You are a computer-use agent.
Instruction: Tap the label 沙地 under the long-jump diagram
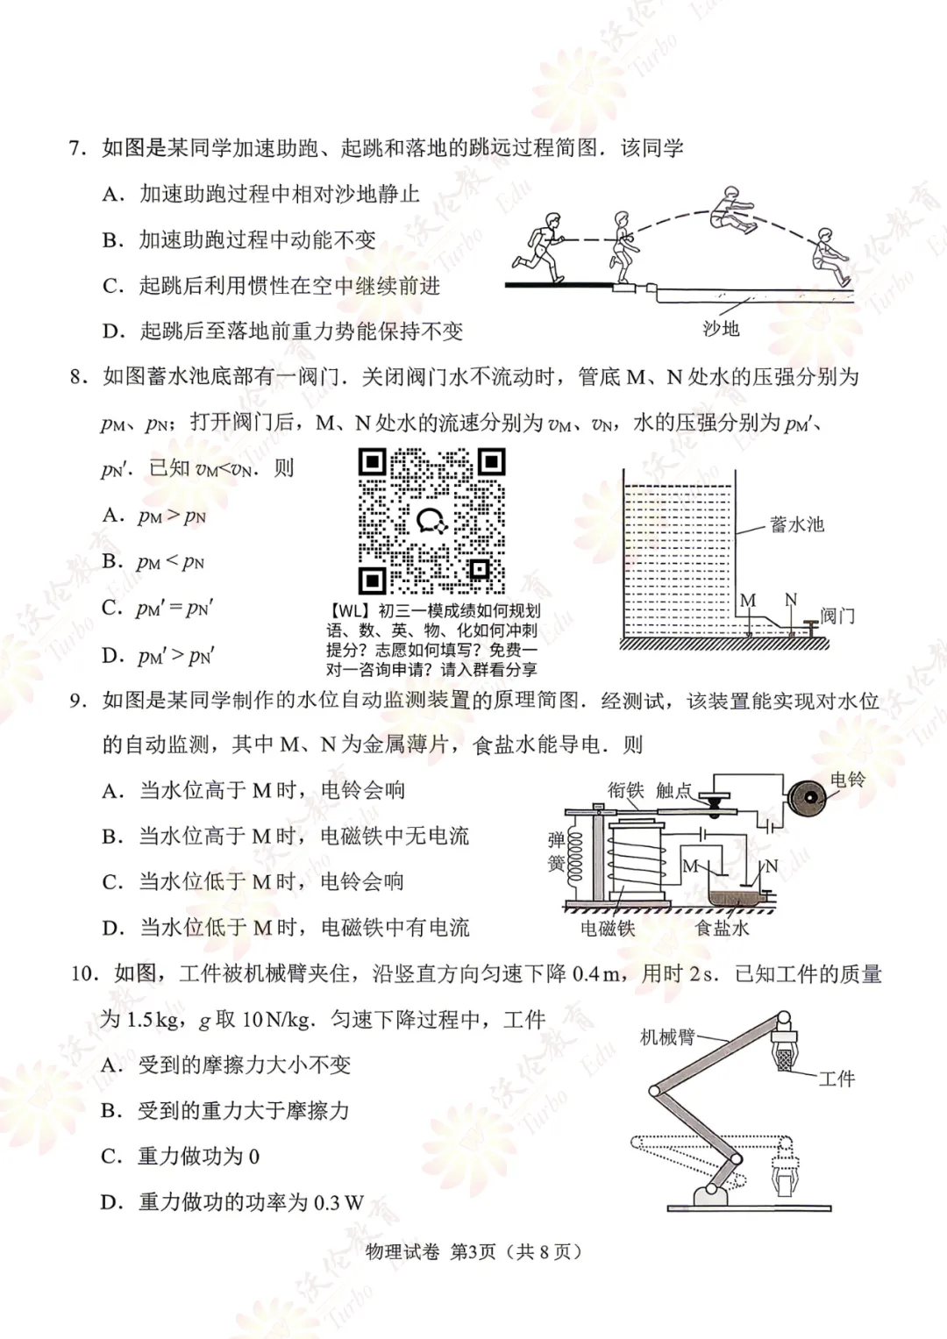[x=721, y=329]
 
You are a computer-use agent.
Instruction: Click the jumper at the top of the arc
[x=733, y=211]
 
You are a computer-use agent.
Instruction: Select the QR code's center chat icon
[x=431, y=521]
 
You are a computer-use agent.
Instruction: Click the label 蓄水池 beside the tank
[x=796, y=524]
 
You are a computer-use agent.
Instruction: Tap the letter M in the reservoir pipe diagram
[x=747, y=601]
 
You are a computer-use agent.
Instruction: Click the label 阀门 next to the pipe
[x=837, y=616]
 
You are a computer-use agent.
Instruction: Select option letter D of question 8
[x=111, y=655]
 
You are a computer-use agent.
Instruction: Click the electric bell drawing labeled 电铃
[x=808, y=798]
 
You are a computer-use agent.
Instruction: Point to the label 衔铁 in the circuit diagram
[x=625, y=790]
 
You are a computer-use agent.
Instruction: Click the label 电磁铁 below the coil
[x=607, y=928]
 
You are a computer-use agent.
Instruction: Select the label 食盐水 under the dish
[x=722, y=928]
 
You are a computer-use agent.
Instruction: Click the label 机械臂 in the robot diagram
[x=666, y=1037]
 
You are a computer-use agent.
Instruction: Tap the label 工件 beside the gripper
[x=836, y=1079]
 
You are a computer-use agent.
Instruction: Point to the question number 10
[x=84, y=974]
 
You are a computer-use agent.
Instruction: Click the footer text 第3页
[x=473, y=1251]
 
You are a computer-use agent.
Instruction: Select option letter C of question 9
[x=112, y=882]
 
